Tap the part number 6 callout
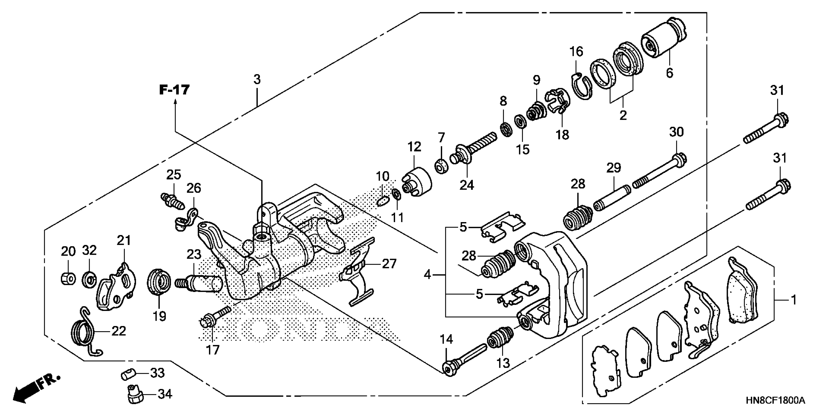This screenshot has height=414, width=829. [x=669, y=73]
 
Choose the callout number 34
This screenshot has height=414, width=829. [x=165, y=394]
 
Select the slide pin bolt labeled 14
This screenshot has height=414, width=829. [x=464, y=359]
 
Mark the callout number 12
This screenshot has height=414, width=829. [x=414, y=147]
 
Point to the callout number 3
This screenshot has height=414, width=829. [x=257, y=79]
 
